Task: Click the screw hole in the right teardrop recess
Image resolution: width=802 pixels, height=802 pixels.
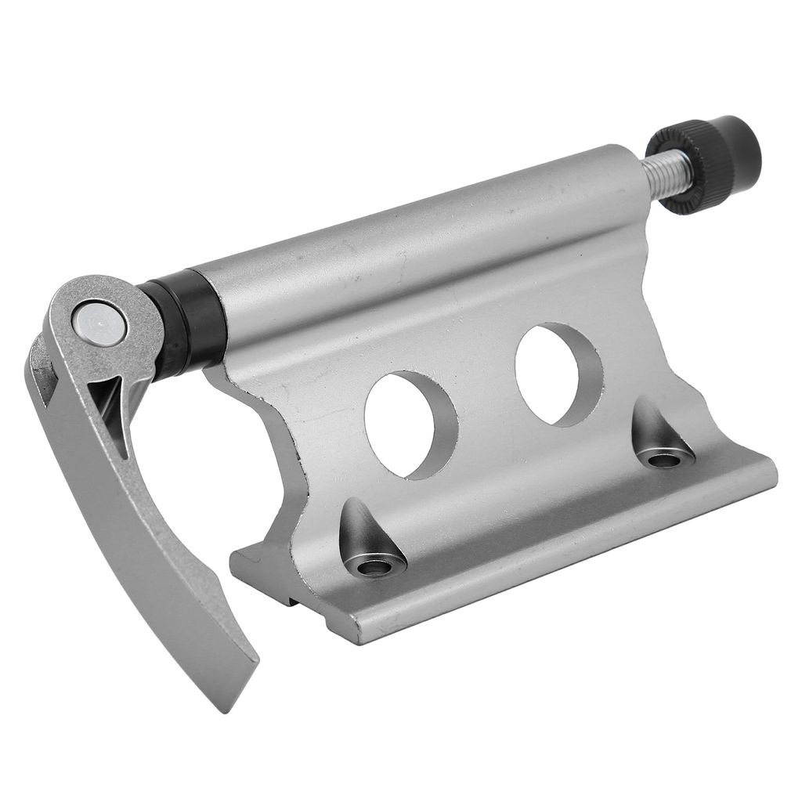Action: pos(664,459)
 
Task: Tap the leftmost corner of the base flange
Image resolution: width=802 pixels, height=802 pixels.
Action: pos(233,558)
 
